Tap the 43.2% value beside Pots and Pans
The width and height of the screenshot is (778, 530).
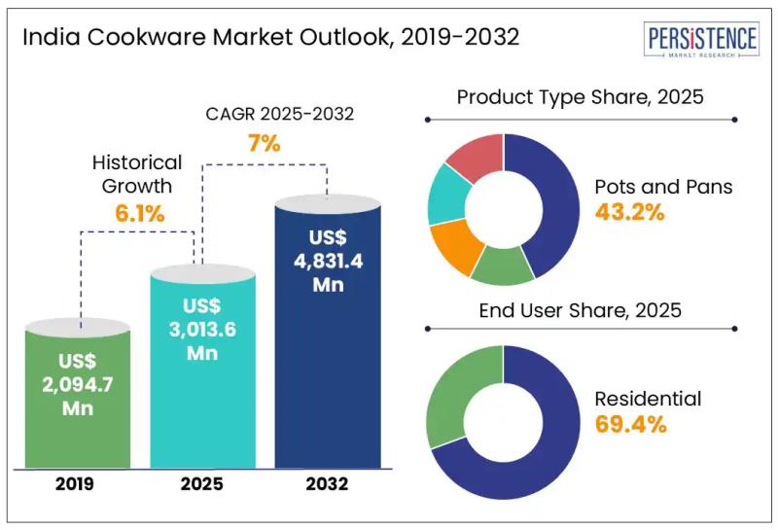[628, 213]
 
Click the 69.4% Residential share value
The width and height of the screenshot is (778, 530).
[628, 424]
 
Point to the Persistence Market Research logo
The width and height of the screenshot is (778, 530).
[700, 42]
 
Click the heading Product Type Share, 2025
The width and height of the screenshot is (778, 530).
[580, 97]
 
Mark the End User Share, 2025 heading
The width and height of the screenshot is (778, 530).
[580, 311]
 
